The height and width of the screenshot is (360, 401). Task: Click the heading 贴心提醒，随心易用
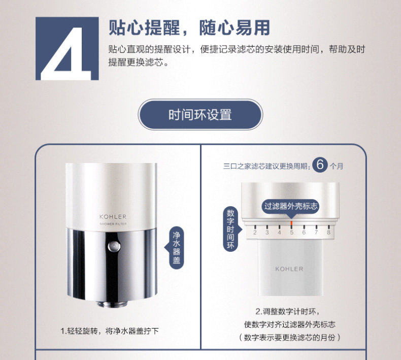(189, 27)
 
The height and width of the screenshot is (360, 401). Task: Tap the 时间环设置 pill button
(200, 114)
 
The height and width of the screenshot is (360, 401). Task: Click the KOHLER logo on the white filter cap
(113, 217)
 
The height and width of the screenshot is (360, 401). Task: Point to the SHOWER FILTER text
(113, 224)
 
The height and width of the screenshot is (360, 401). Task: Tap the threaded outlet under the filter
(112, 304)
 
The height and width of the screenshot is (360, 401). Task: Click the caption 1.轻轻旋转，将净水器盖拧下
(110, 331)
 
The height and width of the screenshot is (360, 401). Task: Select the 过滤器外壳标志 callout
(291, 206)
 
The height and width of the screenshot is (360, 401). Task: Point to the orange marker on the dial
(291, 224)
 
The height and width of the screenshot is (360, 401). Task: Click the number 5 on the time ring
(291, 233)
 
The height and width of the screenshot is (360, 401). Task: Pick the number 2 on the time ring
(255, 233)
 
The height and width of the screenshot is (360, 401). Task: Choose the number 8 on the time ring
(328, 233)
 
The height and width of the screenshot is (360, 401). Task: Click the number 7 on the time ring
(316, 233)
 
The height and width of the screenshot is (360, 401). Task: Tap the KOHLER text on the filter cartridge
(289, 269)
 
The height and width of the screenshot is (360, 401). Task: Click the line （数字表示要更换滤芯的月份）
(289, 338)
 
